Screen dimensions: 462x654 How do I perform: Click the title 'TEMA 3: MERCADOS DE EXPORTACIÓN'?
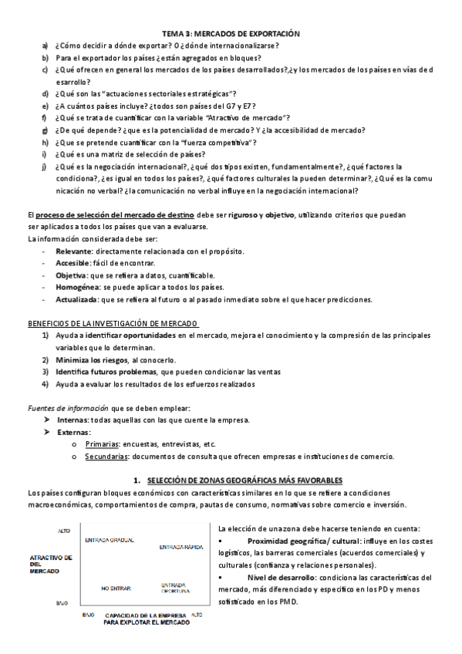pyautogui.click(x=231, y=34)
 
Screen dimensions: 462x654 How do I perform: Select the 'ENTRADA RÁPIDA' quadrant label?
pyautogui.click(x=181, y=547)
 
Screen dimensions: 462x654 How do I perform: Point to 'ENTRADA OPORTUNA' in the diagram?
pyautogui.click(x=174, y=588)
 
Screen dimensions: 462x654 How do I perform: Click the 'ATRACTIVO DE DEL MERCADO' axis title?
pyautogui.click(x=49, y=563)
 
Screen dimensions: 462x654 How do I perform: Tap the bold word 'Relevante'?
pyautogui.click(x=74, y=251)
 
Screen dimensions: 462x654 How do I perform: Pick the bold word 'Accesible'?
pyautogui.click(x=74, y=263)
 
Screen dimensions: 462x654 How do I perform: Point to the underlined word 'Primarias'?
pyautogui.click(x=102, y=444)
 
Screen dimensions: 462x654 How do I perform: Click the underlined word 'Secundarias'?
pyautogui.click(x=106, y=456)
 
